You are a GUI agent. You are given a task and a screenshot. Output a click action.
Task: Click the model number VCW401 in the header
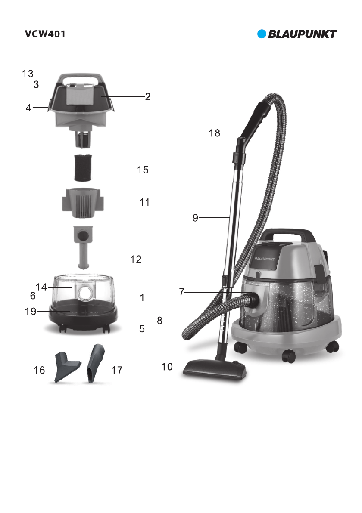click(45, 34)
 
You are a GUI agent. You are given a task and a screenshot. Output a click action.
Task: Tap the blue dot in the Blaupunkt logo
click(262, 34)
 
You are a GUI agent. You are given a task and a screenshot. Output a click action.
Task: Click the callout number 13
click(28, 74)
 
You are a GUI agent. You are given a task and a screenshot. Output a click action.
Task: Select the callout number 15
click(143, 170)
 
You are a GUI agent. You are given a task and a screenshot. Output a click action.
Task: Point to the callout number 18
click(215, 133)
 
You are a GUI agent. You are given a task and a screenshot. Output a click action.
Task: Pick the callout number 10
click(167, 366)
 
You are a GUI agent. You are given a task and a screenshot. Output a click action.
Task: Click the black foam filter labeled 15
click(83, 168)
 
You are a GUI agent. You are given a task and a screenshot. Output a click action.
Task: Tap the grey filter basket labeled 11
click(83, 203)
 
